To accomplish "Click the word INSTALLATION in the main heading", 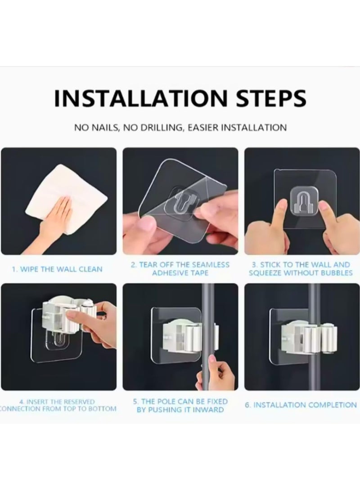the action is point(140,98).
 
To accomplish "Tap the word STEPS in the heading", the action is point(271,98).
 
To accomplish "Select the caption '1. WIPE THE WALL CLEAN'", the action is point(57,269).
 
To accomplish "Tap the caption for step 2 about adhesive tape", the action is point(180,269).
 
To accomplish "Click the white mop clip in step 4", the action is point(67,312).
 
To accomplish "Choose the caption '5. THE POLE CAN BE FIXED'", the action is point(180,401).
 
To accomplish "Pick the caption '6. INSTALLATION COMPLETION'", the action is point(301,405).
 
